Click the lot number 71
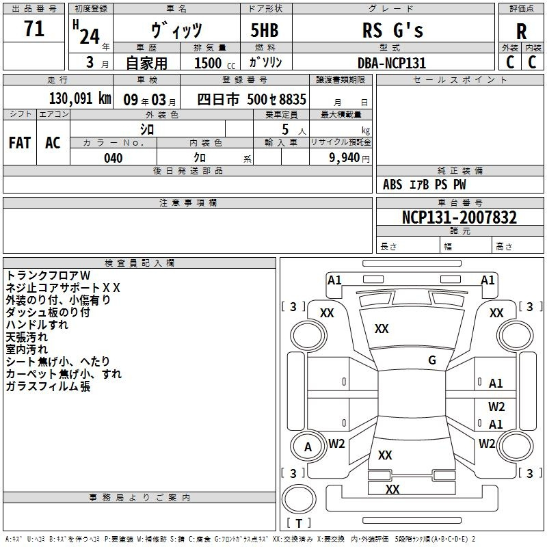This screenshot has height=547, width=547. pos(34,28)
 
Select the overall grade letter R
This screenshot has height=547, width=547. pos(521,31)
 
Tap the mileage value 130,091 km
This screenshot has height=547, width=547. pos(80,98)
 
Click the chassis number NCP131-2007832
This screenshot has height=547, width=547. pos(459,217)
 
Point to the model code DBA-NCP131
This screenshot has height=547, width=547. pos(392,63)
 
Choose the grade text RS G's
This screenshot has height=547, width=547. pos(392,30)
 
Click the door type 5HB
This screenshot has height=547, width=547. pos(265,30)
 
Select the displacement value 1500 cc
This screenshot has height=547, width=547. pos(215,63)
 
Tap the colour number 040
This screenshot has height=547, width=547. pos(114,158)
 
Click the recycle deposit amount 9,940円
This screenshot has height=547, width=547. pos(349,158)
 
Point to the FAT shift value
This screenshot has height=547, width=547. pos(20,143)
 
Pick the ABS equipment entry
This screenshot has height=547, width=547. pos(392,185)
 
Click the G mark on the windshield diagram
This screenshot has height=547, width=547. pos(432,360)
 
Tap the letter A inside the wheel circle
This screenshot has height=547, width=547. pos(308,447)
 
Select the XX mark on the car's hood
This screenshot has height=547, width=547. pos(382,328)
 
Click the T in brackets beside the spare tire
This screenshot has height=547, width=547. pos(299,523)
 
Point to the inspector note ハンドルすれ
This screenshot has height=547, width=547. pos(37,324)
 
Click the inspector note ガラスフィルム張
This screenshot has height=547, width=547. pos(48,386)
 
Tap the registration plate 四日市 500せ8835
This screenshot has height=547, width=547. pos(252,99)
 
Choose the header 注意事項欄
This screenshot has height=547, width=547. pos(188,202)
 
